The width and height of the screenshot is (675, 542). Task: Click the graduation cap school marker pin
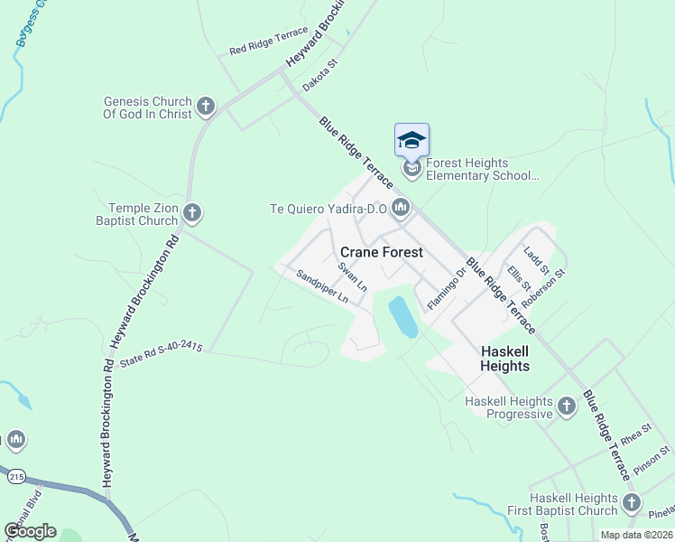[x=411, y=141]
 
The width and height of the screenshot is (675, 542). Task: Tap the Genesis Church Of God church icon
[x=205, y=107]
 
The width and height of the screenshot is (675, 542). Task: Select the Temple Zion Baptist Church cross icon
[x=191, y=213]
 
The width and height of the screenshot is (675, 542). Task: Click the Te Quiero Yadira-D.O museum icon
[x=402, y=209]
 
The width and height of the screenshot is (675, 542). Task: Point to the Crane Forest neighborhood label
[x=381, y=252]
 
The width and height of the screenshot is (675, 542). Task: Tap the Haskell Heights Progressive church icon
[x=566, y=406]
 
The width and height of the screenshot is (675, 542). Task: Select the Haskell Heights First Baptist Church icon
[x=631, y=503]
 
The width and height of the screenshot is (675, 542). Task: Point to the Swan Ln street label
[x=352, y=276]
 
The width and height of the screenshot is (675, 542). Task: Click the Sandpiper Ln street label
[x=323, y=286]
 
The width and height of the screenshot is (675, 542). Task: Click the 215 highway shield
[x=15, y=475]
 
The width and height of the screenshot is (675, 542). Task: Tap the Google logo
[x=30, y=531]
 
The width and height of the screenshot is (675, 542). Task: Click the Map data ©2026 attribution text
[x=635, y=535]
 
